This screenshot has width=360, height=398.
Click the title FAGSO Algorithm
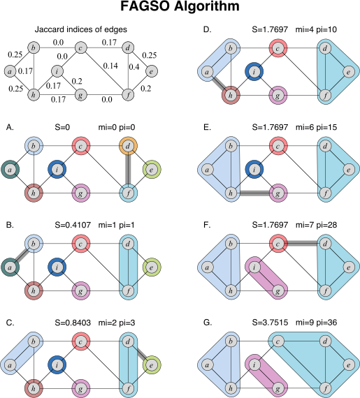pos(180,9)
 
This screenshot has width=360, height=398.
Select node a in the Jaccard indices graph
pos(10,71)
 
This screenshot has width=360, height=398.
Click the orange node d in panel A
pos(129,145)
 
